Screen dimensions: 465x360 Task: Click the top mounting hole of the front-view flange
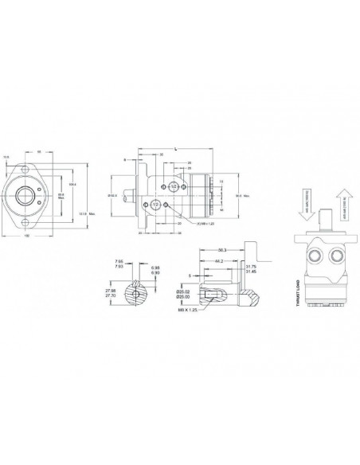pyautogui.click(x=30, y=170)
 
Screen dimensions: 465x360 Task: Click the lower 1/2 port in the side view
pyautogui.click(x=156, y=205)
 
